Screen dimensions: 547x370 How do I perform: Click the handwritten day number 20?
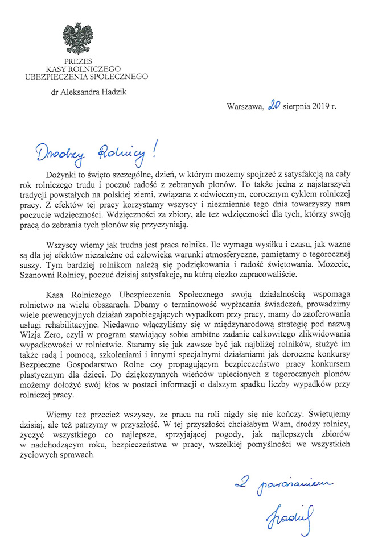pyautogui.click(x=273, y=105)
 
